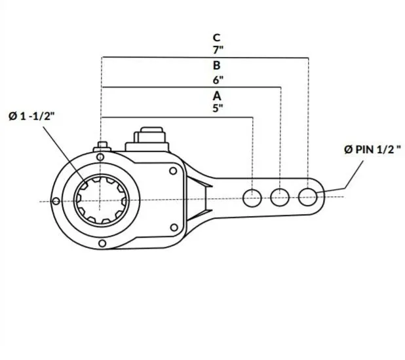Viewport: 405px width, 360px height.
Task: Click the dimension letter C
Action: [x=216, y=38]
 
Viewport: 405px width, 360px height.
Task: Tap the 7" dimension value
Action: [x=218, y=50]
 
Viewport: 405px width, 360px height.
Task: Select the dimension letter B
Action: [x=216, y=65]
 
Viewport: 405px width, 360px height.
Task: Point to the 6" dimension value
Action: [x=218, y=80]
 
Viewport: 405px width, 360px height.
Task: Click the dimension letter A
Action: [x=217, y=96]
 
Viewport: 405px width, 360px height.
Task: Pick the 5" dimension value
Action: [x=218, y=108]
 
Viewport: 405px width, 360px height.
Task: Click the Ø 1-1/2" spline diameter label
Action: [x=31, y=116]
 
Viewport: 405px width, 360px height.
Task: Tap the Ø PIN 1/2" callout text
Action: [x=373, y=149]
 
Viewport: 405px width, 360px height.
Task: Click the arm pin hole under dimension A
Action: [x=252, y=198]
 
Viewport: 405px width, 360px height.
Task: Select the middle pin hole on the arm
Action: [x=280, y=198]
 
